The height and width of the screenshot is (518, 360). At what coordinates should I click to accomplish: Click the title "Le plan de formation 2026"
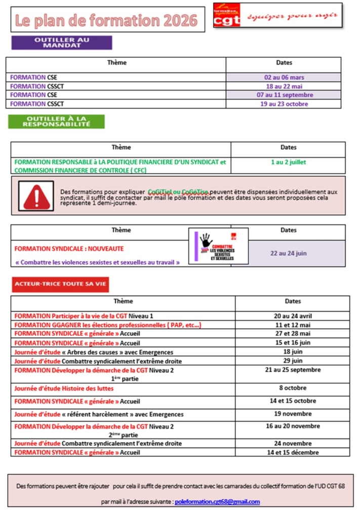tap(106, 20)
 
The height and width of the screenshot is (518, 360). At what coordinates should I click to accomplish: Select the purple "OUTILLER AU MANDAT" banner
tap(61, 42)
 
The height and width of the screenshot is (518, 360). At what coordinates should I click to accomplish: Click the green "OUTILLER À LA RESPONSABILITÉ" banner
tap(56, 121)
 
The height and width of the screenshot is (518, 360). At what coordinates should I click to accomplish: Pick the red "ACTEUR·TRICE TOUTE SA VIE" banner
tap(60, 284)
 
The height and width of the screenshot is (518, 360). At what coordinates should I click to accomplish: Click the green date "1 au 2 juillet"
tap(288, 162)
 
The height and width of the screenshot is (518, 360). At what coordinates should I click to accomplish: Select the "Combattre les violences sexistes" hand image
tap(218, 246)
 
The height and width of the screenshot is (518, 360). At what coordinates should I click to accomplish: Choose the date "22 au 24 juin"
tap(288, 253)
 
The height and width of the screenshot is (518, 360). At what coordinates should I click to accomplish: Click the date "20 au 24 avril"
tap(292, 315)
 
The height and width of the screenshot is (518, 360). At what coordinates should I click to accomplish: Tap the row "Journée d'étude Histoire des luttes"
tap(64, 388)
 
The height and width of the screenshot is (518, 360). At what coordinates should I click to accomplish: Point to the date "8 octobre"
tap(292, 388)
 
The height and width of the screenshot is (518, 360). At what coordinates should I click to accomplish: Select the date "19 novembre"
tap(292, 414)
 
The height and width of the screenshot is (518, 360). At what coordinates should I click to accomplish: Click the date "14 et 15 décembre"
tap(292, 452)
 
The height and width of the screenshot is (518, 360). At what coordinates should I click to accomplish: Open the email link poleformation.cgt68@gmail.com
tap(217, 502)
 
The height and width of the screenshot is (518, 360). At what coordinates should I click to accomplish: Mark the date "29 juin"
tap(292, 361)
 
